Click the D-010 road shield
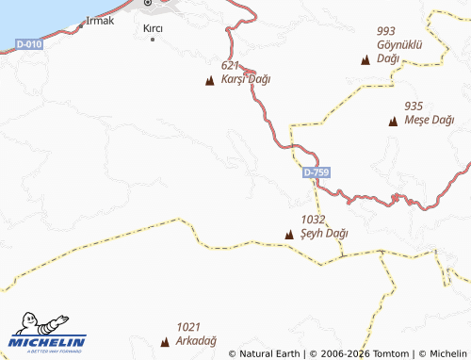click(x=29, y=43)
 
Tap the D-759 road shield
click(x=317, y=173)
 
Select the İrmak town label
click(x=100, y=20)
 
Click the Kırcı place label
click(x=153, y=29)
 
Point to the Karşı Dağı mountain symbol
click(x=209, y=80)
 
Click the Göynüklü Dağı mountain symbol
click(x=365, y=60)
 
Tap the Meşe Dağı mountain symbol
click(x=393, y=121)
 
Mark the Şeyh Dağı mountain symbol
click(x=290, y=233)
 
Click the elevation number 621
click(x=231, y=65)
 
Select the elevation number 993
click(x=386, y=31)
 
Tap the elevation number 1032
click(x=314, y=219)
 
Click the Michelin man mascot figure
click(x=36, y=325)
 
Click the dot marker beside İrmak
click(x=81, y=24)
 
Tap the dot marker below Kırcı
click(x=153, y=40)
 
